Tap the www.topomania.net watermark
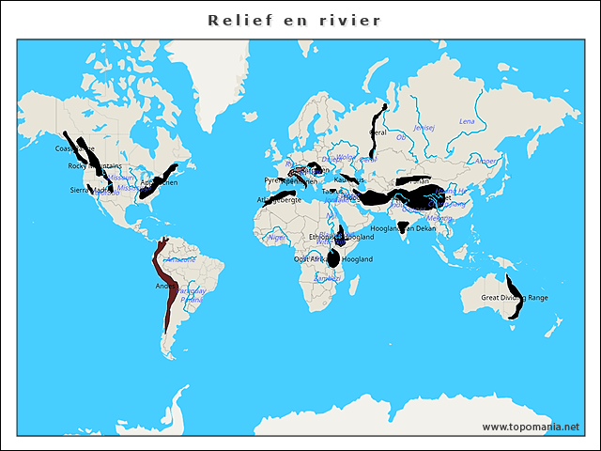point(531,427)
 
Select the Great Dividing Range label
point(514,298)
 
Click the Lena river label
point(467,122)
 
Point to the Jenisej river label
point(424,127)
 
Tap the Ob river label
point(401,137)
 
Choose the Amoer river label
point(486,161)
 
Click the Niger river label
point(277,238)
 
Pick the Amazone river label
point(181,258)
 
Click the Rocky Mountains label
point(95,166)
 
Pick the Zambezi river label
point(328,278)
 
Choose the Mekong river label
point(439,218)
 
